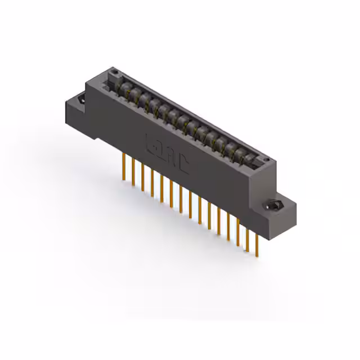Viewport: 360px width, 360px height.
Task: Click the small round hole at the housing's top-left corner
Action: (115, 72)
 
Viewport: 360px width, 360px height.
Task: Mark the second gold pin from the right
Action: (247, 239)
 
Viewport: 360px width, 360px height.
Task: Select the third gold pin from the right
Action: (238, 233)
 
